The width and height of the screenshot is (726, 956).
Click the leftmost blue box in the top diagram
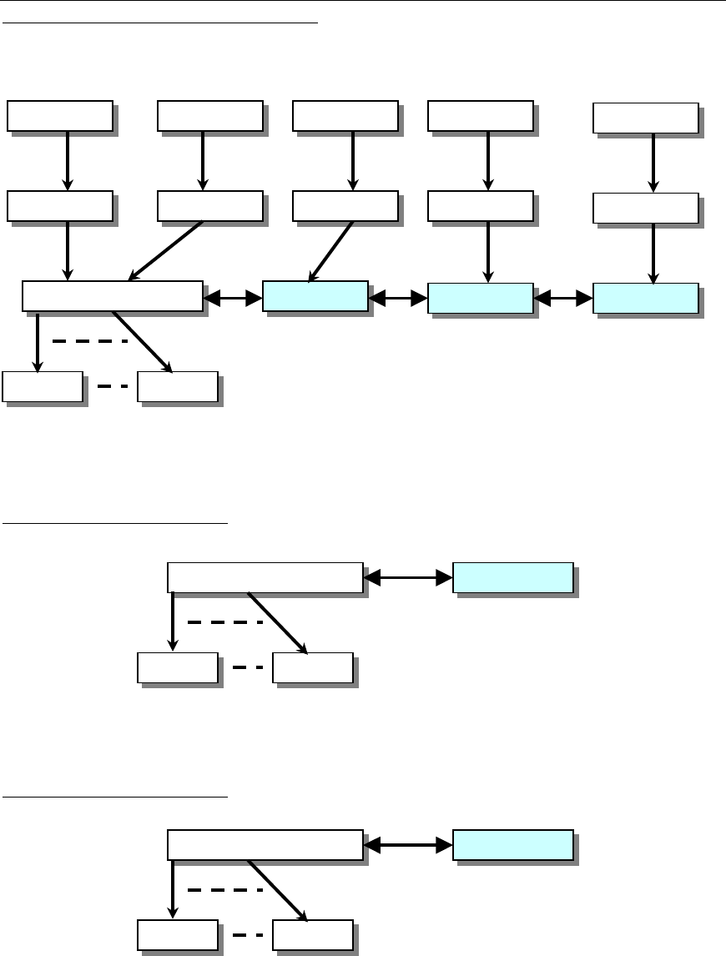(x=315, y=297)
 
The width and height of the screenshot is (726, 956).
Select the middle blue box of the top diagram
(x=480, y=298)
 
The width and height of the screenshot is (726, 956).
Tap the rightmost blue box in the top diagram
(x=645, y=298)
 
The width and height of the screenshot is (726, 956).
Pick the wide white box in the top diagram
(x=112, y=296)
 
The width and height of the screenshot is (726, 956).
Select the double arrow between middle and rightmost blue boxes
(x=563, y=298)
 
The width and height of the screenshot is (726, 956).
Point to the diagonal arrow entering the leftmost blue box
(x=333, y=251)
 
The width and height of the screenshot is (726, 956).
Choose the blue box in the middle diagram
(x=512, y=577)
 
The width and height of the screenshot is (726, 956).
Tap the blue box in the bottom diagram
(x=512, y=845)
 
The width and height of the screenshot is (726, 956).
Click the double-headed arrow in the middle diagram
(x=409, y=576)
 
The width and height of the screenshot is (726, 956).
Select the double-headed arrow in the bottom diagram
(x=409, y=845)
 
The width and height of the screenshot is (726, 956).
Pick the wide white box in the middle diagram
(x=265, y=577)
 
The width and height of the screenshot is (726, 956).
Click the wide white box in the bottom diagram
(x=265, y=845)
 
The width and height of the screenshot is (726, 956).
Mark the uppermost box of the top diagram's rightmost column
(x=645, y=118)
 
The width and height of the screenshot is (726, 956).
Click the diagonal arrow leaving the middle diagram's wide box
(x=277, y=621)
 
